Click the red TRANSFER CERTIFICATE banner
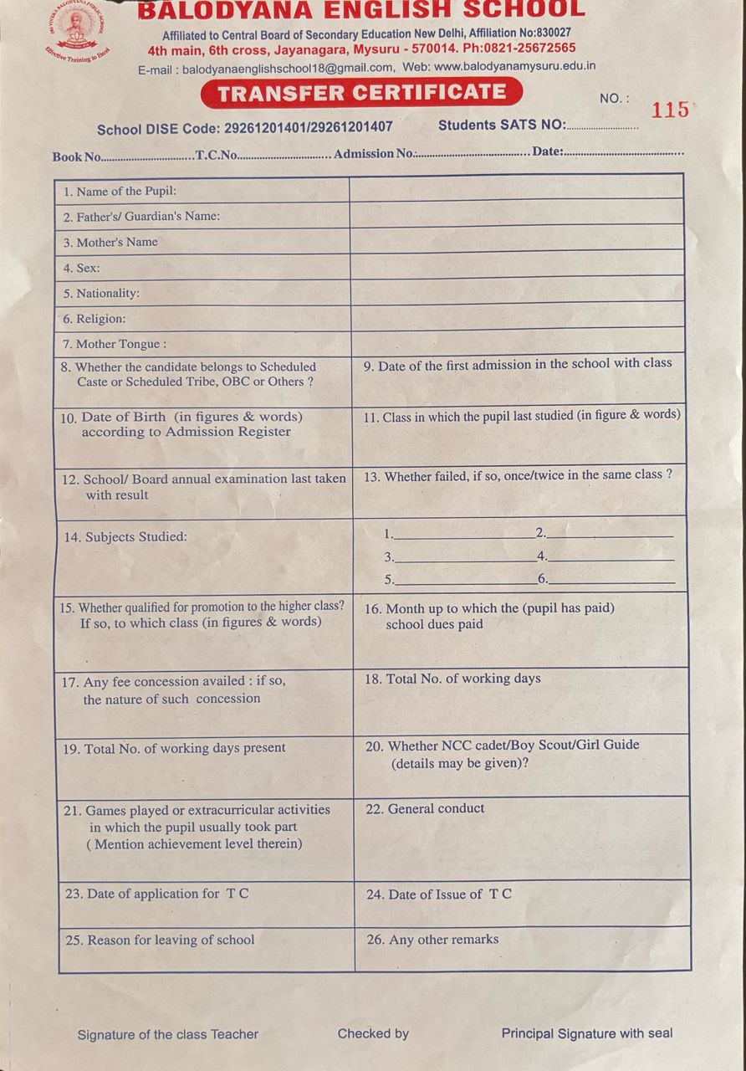361,92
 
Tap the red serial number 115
670,110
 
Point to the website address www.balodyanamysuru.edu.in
514,67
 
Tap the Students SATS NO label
502,126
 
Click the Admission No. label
374,154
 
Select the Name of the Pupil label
120,192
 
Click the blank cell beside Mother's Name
517,240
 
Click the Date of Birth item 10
180,424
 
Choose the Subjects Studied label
125,537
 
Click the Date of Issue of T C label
439,894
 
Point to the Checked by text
373,1034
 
